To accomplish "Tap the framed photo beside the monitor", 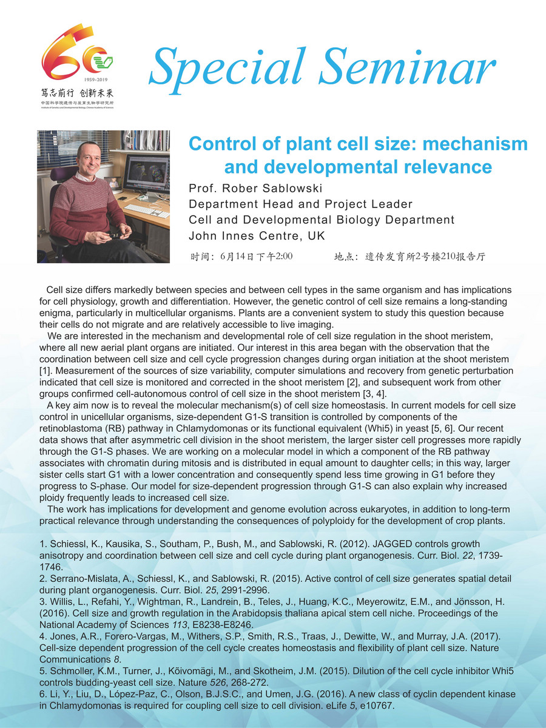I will click(x=113, y=182).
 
